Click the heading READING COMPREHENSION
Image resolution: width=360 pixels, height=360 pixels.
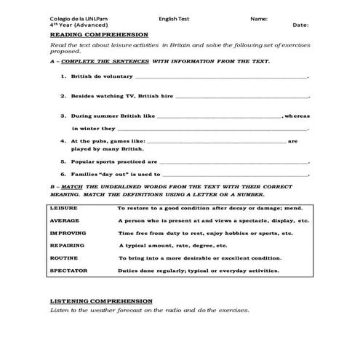pos(99,34)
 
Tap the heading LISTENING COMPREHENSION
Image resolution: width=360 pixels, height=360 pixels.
pos(101,300)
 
